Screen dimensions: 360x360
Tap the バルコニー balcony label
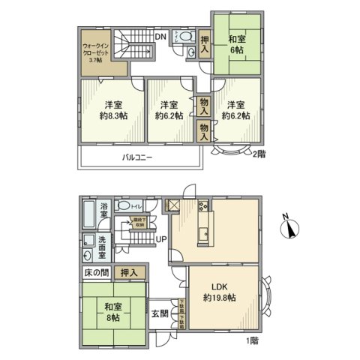139,157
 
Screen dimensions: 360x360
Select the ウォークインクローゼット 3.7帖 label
95,52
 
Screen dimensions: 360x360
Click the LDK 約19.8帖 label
220,292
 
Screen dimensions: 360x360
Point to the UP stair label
160,239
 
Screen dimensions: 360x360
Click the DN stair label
160,35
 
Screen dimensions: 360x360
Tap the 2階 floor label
259,154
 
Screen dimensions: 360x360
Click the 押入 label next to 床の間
129,273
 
